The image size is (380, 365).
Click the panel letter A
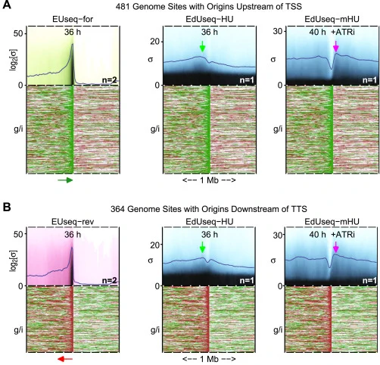click(x=7, y=5)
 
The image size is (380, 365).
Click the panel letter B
click(x=7, y=207)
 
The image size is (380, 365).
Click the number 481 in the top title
click(x=123, y=6)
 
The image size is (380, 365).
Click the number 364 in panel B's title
click(x=117, y=209)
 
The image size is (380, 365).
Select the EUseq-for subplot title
click(x=73, y=19)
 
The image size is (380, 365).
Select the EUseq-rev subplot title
click(x=73, y=222)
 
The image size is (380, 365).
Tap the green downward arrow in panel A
click(x=202, y=46)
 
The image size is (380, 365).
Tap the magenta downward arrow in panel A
click(x=336, y=46)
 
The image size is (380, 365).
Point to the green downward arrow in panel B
click(x=202, y=247)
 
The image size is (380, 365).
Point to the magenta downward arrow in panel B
click(x=336, y=247)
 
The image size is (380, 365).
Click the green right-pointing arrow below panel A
click(x=65, y=180)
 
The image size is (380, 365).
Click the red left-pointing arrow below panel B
click(x=65, y=359)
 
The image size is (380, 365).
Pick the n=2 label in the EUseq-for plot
click(x=110, y=80)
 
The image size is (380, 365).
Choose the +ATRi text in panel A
click(x=343, y=33)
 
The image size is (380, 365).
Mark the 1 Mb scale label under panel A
click(x=209, y=180)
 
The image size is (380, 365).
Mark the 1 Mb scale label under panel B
click(x=209, y=359)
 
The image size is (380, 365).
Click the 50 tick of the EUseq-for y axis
click(x=19, y=33)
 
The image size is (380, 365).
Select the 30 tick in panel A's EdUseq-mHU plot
click(x=279, y=31)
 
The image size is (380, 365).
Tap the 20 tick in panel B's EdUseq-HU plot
click(x=155, y=245)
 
